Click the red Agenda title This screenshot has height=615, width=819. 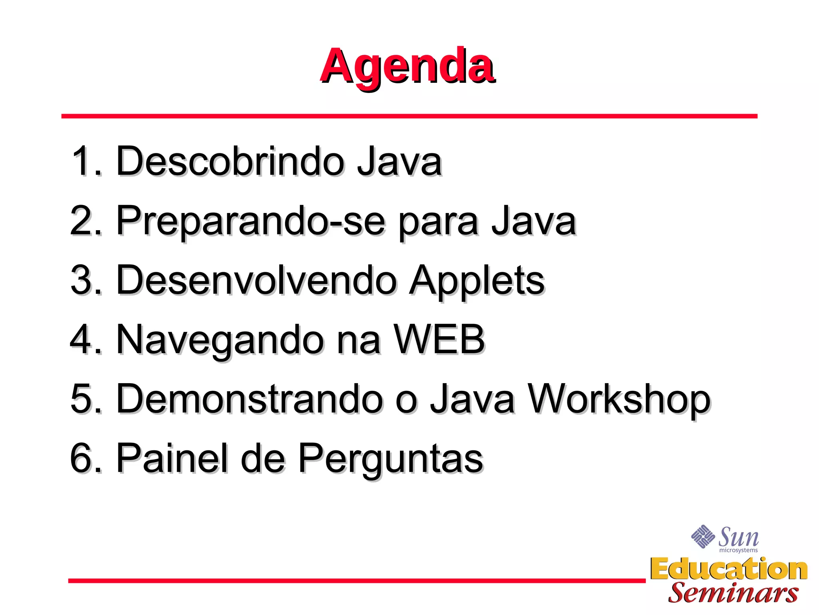(408, 66)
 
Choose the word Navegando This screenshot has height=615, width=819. (220, 340)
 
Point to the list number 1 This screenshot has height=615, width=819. (82, 161)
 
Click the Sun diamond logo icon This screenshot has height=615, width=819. (703, 536)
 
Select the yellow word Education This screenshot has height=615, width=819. (729, 569)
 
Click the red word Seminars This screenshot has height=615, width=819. (733, 593)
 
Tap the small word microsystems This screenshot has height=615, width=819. (738, 551)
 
